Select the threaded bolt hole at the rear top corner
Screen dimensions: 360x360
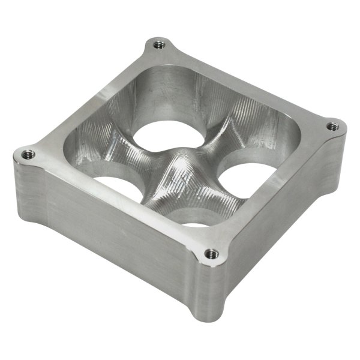coord(158,44)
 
